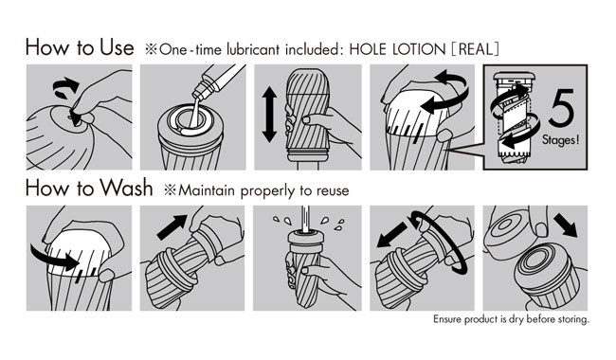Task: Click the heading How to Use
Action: click(x=80, y=47)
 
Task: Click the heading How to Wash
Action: click(x=89, y=188)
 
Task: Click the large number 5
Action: click(x=562, y=107)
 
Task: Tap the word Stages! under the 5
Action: click(x=561, y=140)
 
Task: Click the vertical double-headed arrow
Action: click(x=269, y=115)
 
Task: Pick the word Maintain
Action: click(x=207, y=190)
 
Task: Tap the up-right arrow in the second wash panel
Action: click(x=172, y=227)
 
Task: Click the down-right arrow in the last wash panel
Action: click(x=566, y=225)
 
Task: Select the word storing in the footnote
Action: click(x=573, y=319)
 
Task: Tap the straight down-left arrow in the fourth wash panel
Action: click(x=392, y=235)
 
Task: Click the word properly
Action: click(x=268, y=191)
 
